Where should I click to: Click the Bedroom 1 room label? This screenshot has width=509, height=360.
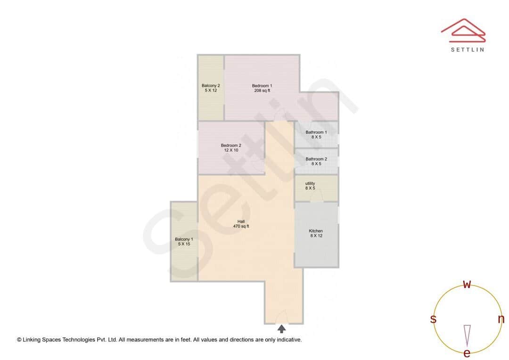tap(262, 86)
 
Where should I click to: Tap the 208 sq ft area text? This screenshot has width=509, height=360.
tap(262, 90)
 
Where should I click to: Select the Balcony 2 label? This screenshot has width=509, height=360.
tap(211, 86)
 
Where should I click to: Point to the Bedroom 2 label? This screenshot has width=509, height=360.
tap(231, 146)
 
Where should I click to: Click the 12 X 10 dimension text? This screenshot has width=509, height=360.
tap(231, 150)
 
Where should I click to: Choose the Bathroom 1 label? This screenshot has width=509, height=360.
tap(316, 132)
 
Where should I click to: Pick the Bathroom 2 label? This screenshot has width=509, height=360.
tap(316, 159)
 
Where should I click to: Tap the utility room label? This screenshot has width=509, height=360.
tap(310, 183)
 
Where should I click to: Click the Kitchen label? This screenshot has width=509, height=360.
tap(316, 231)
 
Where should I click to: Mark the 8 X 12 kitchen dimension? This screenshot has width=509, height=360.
tap(316, 236)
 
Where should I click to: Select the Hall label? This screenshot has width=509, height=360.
tap(241, 221)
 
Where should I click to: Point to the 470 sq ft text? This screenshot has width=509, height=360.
tap(241, 227)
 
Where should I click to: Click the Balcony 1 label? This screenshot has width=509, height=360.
tap(184, 239)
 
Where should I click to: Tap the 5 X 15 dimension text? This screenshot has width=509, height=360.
tap(184, 244)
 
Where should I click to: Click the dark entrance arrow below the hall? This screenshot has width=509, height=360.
tap(282, 329)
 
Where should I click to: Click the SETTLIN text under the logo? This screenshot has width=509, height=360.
tap(467, 49)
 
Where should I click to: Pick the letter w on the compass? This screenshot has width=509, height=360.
tap(467, 285)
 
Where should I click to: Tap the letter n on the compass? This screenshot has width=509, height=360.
tap(501, 319)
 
